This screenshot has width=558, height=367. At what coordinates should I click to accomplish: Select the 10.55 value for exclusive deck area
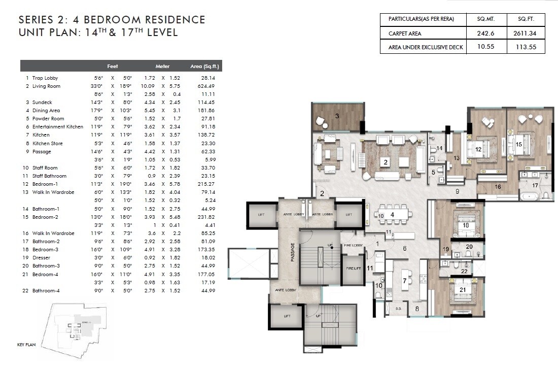(x=485, y=47)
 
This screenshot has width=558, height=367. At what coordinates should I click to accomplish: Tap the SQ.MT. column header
(x=485, y=19)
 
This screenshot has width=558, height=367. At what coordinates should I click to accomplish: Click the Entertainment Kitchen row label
(x=57, y=127)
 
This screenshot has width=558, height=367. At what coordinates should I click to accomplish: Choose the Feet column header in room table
(x=113, y=66)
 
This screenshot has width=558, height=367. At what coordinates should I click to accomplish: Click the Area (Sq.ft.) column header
(x=205, y=66)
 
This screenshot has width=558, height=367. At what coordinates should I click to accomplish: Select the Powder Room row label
(x=48, y=119)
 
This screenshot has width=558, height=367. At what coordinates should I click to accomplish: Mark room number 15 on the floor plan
(x=519, y=145)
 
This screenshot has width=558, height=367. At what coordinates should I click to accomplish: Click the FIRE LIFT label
(x=353, y=268)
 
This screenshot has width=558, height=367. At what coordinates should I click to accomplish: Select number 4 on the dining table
(x=392, y=215)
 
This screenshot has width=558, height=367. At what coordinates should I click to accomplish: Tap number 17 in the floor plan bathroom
(x=535, y=186)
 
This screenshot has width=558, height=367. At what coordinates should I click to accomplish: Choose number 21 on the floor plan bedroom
(x=462, y=290)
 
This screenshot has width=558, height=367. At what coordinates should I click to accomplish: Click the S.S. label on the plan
(x=398, y=308)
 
